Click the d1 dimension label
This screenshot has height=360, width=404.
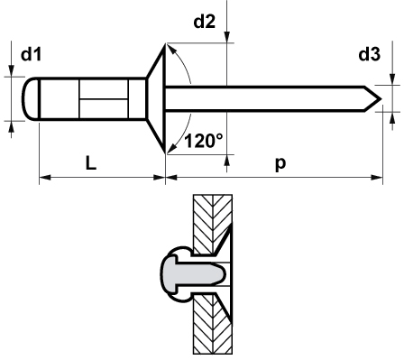[31, 54]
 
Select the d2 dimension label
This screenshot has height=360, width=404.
[205, 22]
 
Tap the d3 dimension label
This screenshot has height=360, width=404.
[370, 54]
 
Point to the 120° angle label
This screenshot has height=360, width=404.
[204, 141]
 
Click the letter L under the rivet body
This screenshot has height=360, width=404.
[91, 163]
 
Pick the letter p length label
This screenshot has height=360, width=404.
[280, 164]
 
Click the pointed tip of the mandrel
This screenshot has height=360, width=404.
[381, 98]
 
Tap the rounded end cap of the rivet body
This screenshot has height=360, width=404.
[31, 98]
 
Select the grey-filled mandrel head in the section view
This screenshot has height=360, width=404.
[193, 274]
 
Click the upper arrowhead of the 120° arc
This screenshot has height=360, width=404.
[170, 49]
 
